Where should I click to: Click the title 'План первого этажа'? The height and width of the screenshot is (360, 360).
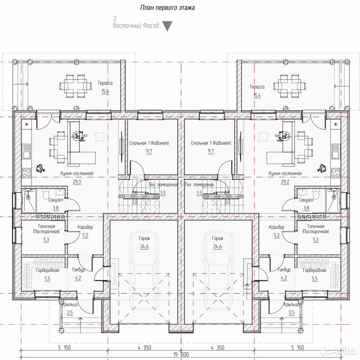pyautogui.click(x=167, y=8)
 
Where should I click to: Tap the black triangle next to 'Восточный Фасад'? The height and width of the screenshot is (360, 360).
pyautogui.click(x=167, y=26)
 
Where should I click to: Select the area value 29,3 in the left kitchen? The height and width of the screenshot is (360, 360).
pyautogui.click(x=77, y=182)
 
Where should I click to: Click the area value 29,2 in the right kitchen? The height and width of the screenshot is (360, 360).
pyautogui.click(x=285, y=182)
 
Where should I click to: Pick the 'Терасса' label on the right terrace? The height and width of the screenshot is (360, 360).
pyautogui.click(x=257, y=87)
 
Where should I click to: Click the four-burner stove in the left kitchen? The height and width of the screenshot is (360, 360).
pyautogui.click(x=26, y=172)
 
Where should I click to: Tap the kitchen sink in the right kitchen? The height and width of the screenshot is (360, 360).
pyautogui.click(x=335, y=151)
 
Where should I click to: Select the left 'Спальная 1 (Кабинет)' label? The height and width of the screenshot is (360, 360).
pyautogui.click(x=149, y=143)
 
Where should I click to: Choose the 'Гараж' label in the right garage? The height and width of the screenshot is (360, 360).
pyautogui.click(x=217, y=238)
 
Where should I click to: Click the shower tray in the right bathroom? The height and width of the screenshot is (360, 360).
pyautogui.click(x=333, y=200)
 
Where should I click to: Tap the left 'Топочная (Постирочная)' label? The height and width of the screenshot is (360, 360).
pyautogui.click(x=46, y=229)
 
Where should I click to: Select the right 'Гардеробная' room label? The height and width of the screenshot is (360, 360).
pyautogui.click(x=315, y=270)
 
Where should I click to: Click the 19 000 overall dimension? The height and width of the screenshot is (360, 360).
pyautogui.click(x=181, y=354)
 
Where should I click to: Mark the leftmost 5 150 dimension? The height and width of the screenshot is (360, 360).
pyautogui.click(x=64, y=348)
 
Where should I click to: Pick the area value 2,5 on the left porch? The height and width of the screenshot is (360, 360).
pyautogui.click(x=70, y=312)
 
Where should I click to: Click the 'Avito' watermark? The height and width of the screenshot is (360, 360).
pyautogui.click(x=339, y=351)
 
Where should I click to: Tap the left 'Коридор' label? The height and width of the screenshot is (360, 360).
pyautogui.click(x=85, y=227)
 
